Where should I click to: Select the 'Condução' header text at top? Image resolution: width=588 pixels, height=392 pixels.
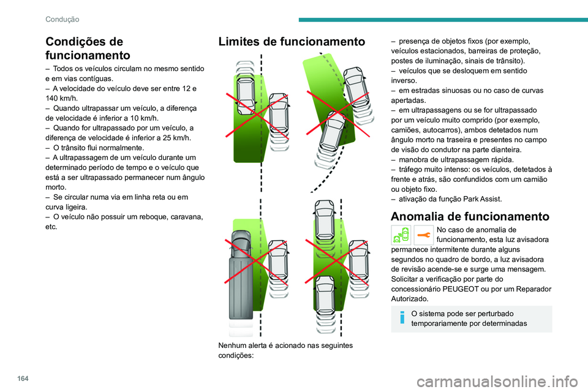62,19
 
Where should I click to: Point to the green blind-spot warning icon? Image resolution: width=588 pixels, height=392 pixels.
401,235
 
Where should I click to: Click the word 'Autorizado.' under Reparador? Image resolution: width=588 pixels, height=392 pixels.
410,298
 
